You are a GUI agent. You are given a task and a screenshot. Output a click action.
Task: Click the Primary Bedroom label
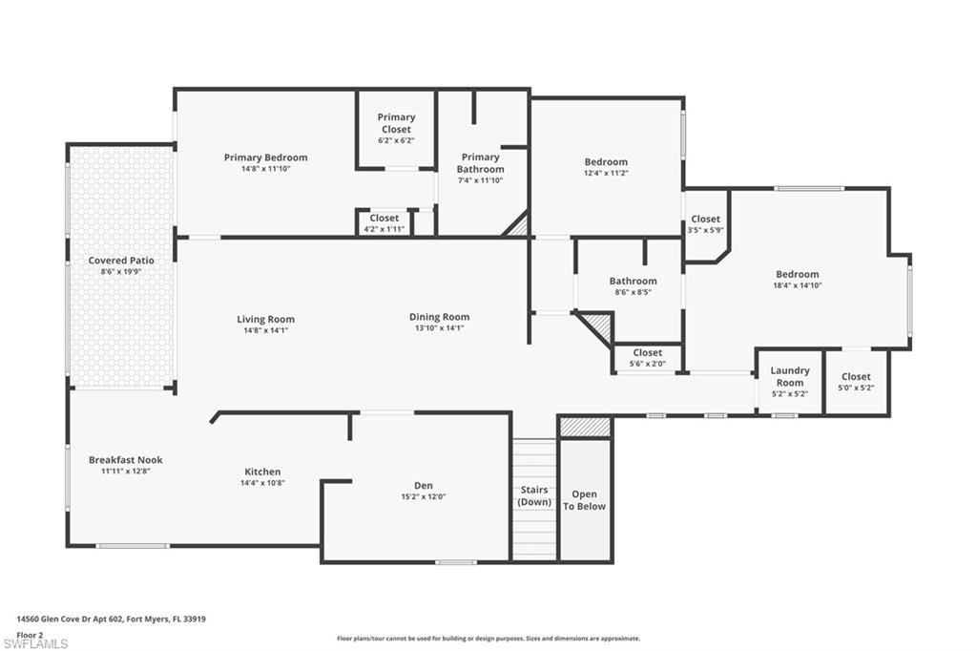[265, 157]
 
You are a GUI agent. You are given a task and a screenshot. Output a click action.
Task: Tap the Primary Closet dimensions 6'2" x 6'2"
[396, 140]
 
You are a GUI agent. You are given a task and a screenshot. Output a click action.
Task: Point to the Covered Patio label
[121, 261]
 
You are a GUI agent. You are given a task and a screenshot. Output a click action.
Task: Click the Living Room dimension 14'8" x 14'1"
[265, 330]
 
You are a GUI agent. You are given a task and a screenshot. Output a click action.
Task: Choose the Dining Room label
[439, 317]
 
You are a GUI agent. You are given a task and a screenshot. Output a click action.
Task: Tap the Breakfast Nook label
[119, 459]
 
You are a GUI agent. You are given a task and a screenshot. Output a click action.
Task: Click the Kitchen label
[262, 472]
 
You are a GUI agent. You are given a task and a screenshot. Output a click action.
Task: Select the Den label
[423, 486]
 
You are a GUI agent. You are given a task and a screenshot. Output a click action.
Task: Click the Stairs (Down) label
[534, 495]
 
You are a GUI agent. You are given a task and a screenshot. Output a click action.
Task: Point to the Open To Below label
[584, 500]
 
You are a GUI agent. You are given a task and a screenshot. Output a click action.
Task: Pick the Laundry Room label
[790, 376]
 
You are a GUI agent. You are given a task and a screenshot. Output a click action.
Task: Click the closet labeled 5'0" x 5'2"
[856, 382]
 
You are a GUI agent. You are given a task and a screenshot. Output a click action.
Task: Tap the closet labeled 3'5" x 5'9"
[706, 224]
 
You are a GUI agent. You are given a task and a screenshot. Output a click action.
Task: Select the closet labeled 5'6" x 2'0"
[647, 358]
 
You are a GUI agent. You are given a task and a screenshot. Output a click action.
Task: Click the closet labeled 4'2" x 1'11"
[385, 223]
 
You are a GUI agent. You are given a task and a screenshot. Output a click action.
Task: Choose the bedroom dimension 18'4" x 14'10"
[797, 284]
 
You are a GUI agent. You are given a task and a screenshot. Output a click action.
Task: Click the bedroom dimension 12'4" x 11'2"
[606, 174]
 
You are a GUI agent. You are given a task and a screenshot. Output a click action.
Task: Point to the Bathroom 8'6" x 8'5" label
[634, 281]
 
